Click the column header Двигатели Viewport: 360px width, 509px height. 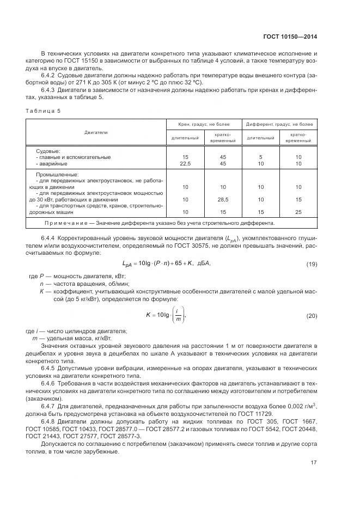96,132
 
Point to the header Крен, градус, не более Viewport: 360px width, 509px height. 204,124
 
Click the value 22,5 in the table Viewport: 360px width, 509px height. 185,163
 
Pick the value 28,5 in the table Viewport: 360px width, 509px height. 223,199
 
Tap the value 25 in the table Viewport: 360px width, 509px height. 298,211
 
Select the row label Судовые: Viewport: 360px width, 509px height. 48,150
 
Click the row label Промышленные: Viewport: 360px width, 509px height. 54,174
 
